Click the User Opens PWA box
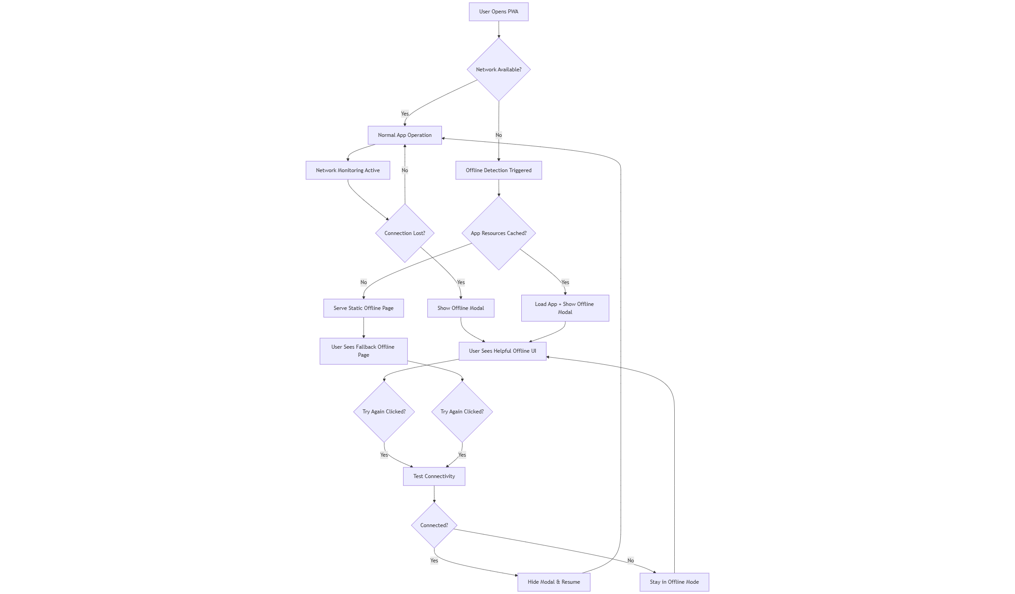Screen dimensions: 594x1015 pyautogui.click(x=499, y=12)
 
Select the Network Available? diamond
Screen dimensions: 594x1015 pyautogui.click(x=499, y=70)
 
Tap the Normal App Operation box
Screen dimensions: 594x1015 pyautogui.click(x=404, y=135)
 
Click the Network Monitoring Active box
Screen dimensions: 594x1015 pyautogui.click(x=347, y=170)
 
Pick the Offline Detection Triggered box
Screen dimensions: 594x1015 pyautogui.click(x=499, y=170)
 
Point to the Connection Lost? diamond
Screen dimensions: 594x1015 pyautogui.click(x=404, y=233)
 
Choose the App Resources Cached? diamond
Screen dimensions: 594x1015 pyautogui.click(x=499, y=233)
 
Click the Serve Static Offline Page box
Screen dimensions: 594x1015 pyautogui.click(x=363, y=308)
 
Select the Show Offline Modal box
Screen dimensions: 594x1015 pyautogui.click(x=460, y=308)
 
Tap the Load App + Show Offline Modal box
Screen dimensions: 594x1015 pyautogui.click(x=565, y=308)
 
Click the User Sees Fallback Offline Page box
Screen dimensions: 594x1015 pyautogui.click(x=363, y=351)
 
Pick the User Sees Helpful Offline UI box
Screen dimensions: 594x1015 pyautogui.click(x=502, y=351)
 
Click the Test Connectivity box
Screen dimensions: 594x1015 pyautogui.click(x=434, y=476)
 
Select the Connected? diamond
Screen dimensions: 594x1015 pyautogui.click(x=434, y=525)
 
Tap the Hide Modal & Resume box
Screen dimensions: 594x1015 pyautogui.click(x=553, y=582)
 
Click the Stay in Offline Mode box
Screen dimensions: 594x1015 pyautogui.click(x=674, y=582)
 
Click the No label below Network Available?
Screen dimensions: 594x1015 pyautogui.click(x=499, y=135)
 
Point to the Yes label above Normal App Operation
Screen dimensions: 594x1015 pyautogui.click(x=404, y=114)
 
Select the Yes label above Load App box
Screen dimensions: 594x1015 pyautogui.click(x=565, y=282)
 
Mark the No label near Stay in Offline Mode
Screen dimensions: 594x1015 pyautogui.click(x=630, y=561)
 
